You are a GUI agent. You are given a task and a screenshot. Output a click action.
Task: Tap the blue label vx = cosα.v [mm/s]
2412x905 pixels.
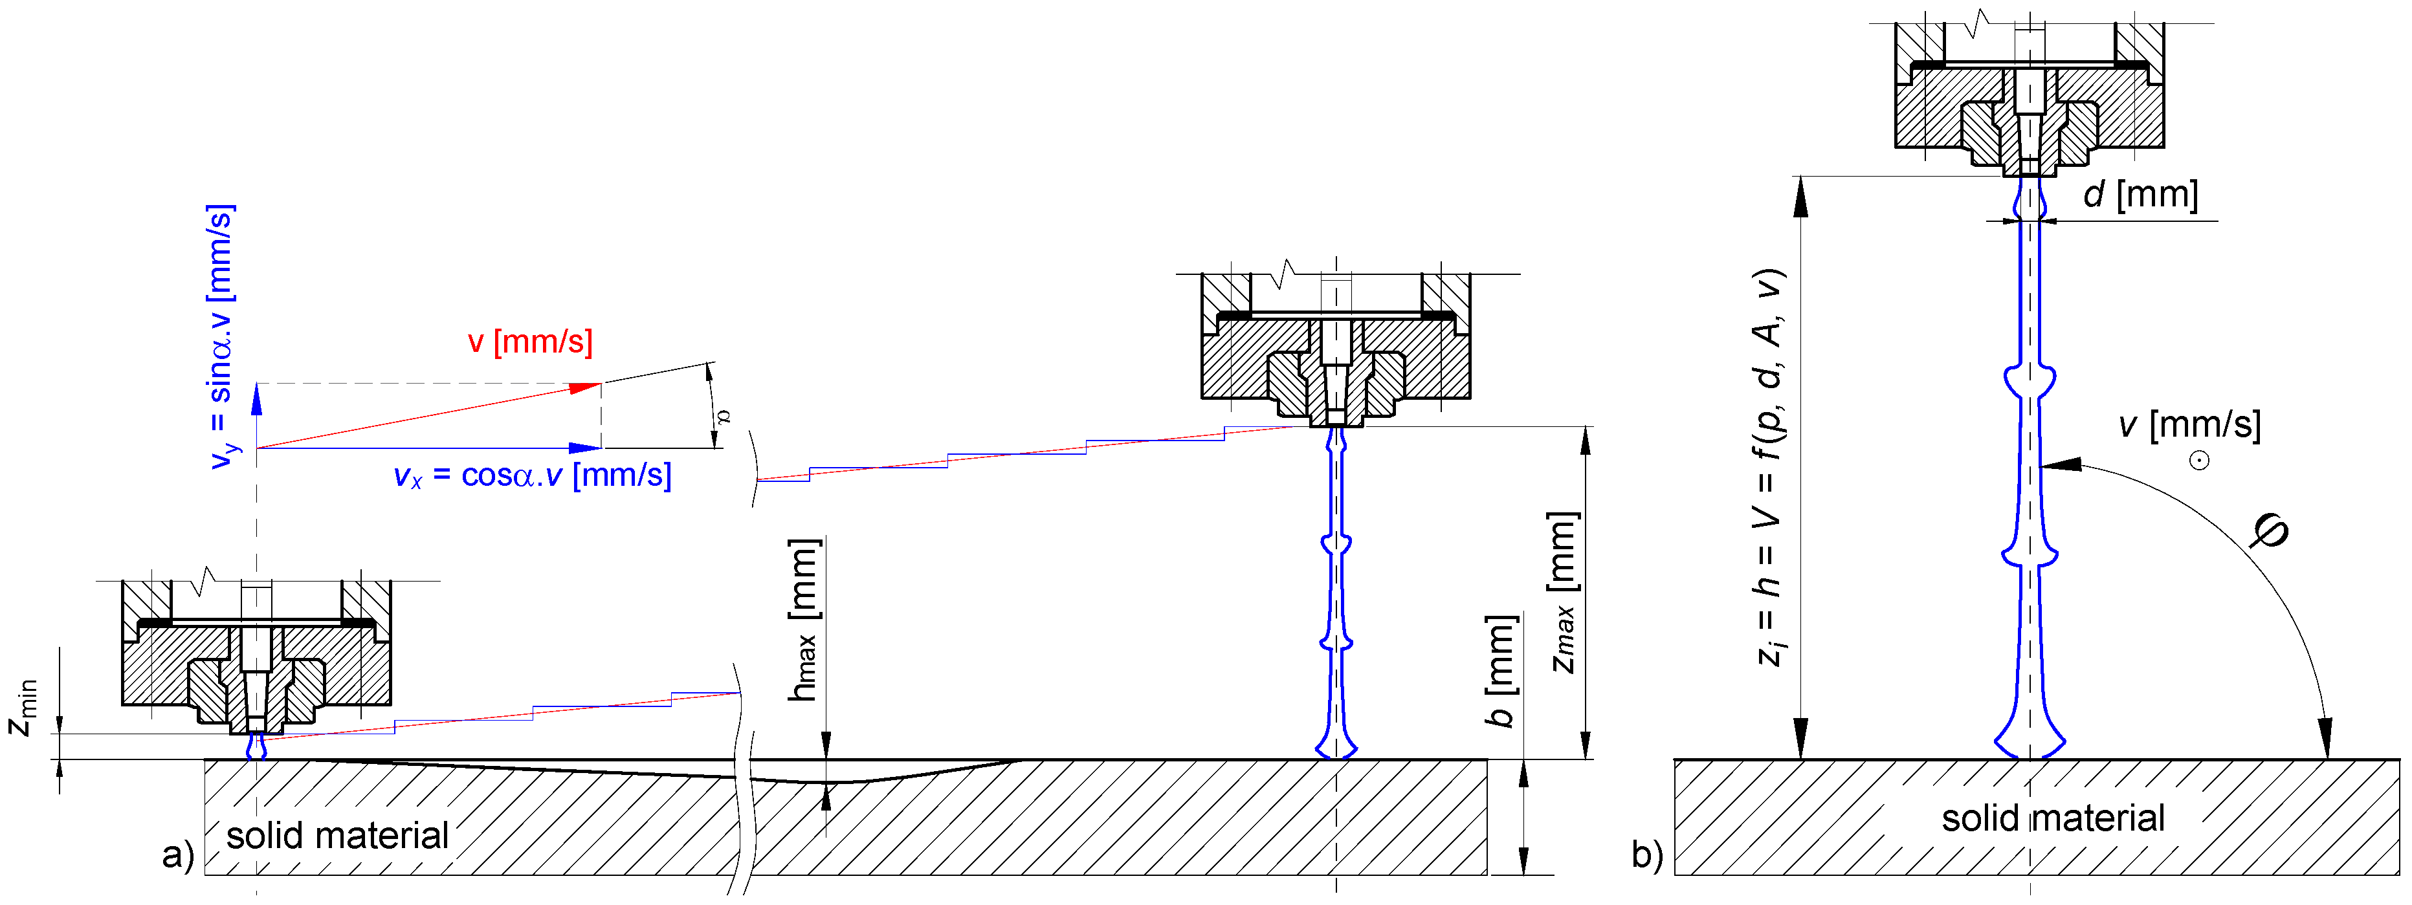(532, 475)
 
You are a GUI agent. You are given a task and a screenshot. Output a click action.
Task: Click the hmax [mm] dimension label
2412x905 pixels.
(803, 620)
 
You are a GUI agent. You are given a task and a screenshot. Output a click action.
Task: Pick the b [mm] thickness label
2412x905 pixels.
(1500, 670)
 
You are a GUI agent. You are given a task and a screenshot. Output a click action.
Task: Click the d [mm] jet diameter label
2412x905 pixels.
(2140, 195)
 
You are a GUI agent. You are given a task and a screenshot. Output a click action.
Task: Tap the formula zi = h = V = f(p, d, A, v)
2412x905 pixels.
(1768, 468)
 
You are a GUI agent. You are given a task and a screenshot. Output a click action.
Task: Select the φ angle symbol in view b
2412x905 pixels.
(2271, 532)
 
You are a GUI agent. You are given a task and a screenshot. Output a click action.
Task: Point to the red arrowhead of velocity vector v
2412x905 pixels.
(587, 387)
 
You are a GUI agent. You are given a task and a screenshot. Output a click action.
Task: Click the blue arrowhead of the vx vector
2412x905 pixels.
(586, 448)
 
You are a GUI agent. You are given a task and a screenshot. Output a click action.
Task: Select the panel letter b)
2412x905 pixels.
(1647, 855)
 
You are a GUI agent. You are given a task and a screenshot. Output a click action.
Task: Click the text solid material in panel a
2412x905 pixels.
(337, 834)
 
